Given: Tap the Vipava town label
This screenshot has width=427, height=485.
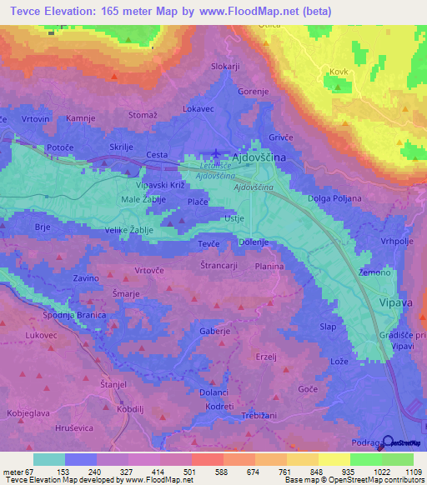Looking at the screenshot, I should pos(395,303).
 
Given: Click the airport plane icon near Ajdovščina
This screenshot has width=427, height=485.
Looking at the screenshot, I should pos(217,152).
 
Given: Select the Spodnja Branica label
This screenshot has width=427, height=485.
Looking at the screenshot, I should pos(74,314).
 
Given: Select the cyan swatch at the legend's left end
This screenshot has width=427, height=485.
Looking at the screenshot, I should pos(48,459).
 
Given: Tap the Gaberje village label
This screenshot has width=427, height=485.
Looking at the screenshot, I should pos(214,331).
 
